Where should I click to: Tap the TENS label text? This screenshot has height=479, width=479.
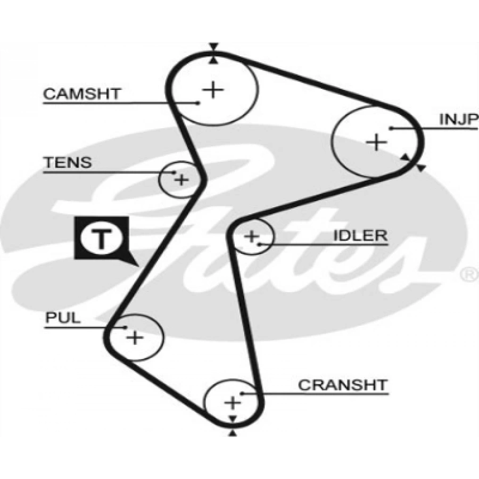click(x=67, y=162)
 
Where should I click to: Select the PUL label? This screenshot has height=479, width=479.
click(x=63, y=318)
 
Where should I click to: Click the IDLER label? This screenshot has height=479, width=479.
click(x=360, y=236)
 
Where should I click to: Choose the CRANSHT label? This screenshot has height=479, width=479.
click(x=343, y=385)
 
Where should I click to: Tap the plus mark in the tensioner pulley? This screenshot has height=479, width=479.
click(x=181, y=180)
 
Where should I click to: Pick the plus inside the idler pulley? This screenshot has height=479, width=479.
click(x=251, y=236)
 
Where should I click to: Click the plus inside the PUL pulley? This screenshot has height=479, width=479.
click(x=135, y=337)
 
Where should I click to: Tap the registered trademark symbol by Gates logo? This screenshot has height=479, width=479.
click(x=468, y=274)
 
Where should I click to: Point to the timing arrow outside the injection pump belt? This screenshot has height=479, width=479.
click(x=421, y=168)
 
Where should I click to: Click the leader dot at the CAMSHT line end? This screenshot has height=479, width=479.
click(x=198, y=102)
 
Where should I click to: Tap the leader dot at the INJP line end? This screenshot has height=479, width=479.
click(x=391, y=128)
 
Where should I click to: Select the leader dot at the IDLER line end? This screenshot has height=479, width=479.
click(x=259, y=244)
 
